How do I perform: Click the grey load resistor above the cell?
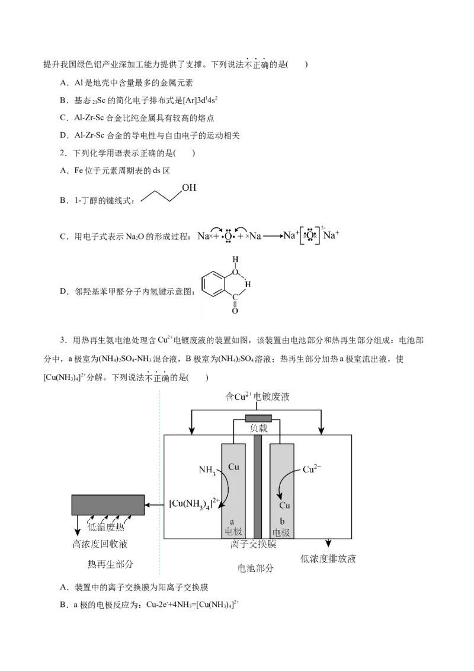coord(258,419)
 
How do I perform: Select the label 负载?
coord(259,429)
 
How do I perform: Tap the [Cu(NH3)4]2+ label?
coord(195,504)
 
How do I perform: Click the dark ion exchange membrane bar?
coord(258,486)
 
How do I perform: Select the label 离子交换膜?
coord(254,544)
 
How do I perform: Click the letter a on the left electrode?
coord(232,515)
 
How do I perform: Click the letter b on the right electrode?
coord(282,515)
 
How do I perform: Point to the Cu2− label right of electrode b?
coord(312,469)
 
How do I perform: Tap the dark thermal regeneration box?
coord(108,504)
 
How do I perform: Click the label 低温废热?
coord(106,526)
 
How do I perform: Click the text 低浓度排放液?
coord(328,558)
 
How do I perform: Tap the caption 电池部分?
coord(256,568)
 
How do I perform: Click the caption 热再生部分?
coord(110,564)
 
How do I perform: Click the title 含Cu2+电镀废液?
coord(256,397)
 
